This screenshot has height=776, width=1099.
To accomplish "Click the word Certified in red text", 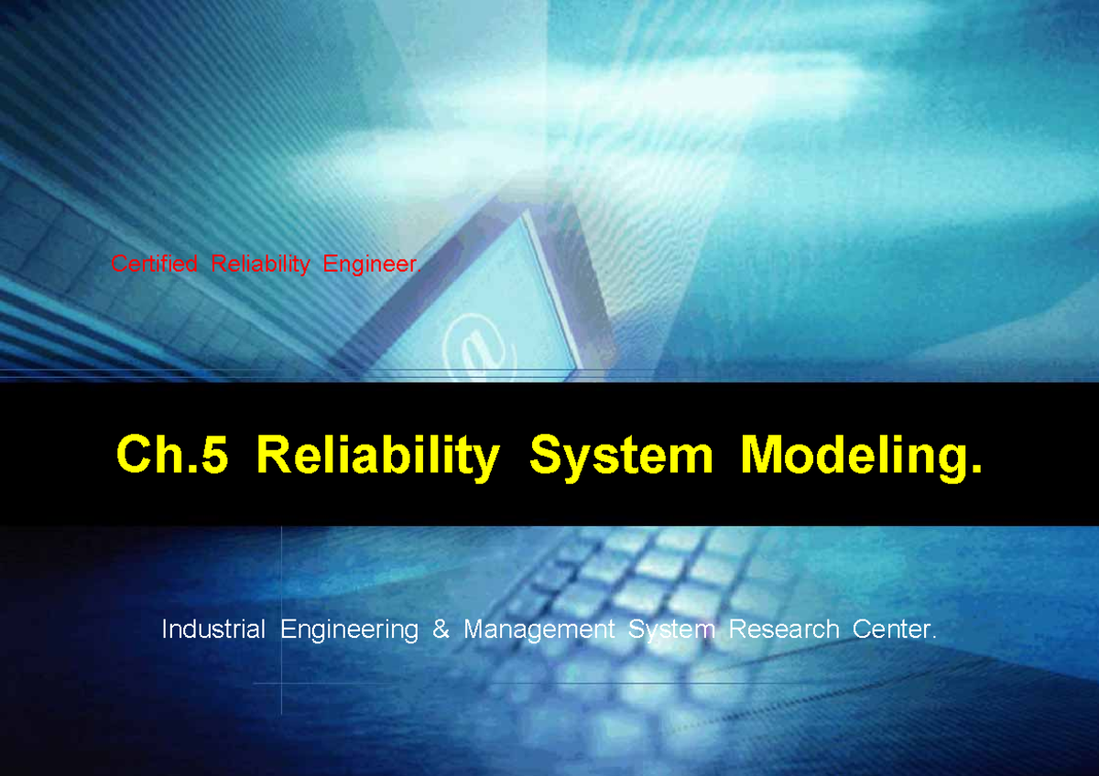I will click(x=154, y=264).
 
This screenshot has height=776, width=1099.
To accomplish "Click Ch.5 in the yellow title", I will click(x=171, y=455).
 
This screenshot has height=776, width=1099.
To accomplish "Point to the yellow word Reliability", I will click(x=378, y=455).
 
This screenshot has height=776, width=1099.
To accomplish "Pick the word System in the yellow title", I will click(x=620, y=455).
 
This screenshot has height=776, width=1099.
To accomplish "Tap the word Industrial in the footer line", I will click(x=213, y=630).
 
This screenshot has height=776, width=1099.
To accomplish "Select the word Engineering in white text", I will click(x=349, y=630).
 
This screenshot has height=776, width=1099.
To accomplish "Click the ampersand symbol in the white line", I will click(x=441, y=630).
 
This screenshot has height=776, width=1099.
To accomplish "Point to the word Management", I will click(x=539, y=630).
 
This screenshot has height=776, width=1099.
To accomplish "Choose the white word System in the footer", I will click(x=671, y=630).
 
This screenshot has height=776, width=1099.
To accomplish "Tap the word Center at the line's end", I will click(x=888, y=630).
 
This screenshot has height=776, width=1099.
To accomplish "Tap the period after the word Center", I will click(x=934, y=637).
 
